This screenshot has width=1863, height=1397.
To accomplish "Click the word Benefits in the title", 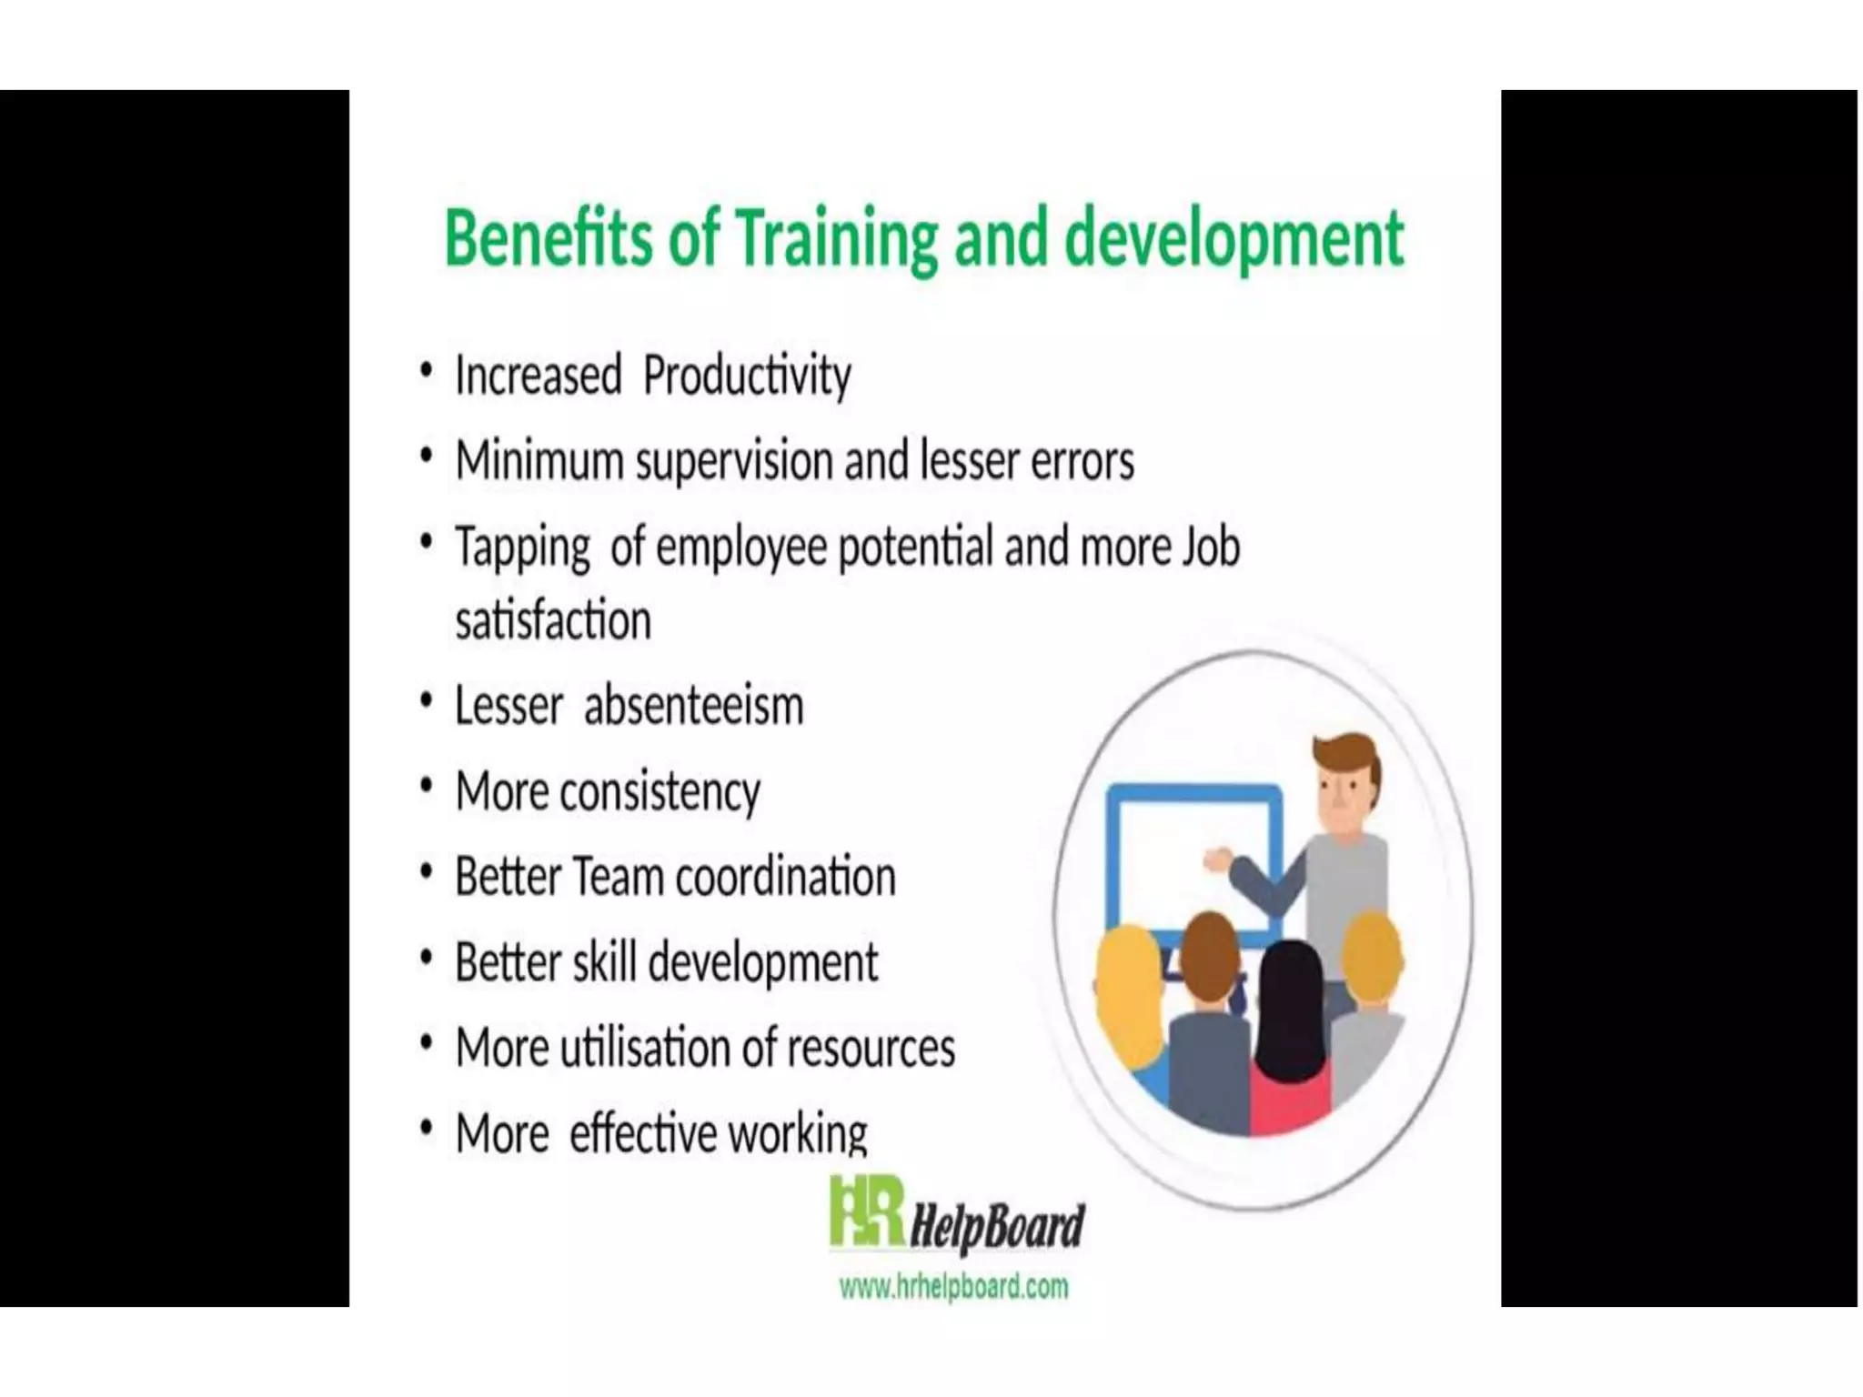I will coord(548,238).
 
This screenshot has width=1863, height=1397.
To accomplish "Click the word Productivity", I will coord(747,377).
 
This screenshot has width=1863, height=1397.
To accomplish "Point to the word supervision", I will coord(735,462).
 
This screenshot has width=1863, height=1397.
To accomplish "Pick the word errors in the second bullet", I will coord(1082,462).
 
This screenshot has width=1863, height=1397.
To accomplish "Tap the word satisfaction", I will coord(553,622).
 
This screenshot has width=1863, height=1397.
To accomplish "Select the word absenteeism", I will coord(693,707).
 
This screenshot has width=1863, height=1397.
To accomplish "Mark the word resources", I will coord(871,1049).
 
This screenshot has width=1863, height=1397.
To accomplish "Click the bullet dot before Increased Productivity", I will coord(426,372).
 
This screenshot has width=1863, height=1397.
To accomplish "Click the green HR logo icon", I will coord(865,1212).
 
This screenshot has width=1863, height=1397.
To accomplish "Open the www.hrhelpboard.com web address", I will coord(953,1287).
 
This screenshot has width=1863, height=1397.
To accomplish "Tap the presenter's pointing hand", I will coord(1218,859).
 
